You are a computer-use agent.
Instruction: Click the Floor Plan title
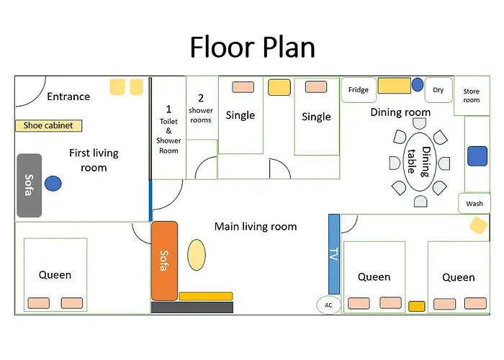point(252,48)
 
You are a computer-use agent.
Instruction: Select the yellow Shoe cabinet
point(48,125)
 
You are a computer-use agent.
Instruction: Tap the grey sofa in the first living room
point(30,186)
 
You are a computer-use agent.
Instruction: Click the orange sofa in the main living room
point(164,261)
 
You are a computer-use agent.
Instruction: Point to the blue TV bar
point(334,254)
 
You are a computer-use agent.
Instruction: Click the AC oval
point(328,305)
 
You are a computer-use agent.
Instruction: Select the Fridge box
point(359,90)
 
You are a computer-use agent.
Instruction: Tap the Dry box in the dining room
point(438,90)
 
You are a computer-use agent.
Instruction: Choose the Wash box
point(474,204)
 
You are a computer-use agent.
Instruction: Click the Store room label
point(471,96)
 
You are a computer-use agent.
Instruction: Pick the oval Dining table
point(420,162)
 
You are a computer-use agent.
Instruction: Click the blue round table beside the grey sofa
point(53,184)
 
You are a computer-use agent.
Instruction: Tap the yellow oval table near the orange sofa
point(197,255)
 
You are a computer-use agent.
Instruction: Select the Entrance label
point(68,96)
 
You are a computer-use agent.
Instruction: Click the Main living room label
point(256,227)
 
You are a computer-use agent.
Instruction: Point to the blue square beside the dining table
point(477,156)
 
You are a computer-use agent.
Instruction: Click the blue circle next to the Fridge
point(417,84)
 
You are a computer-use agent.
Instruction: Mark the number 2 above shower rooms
point(201,98)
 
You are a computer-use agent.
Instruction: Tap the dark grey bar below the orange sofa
point(192,307)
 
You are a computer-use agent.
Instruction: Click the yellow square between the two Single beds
point(279,87)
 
